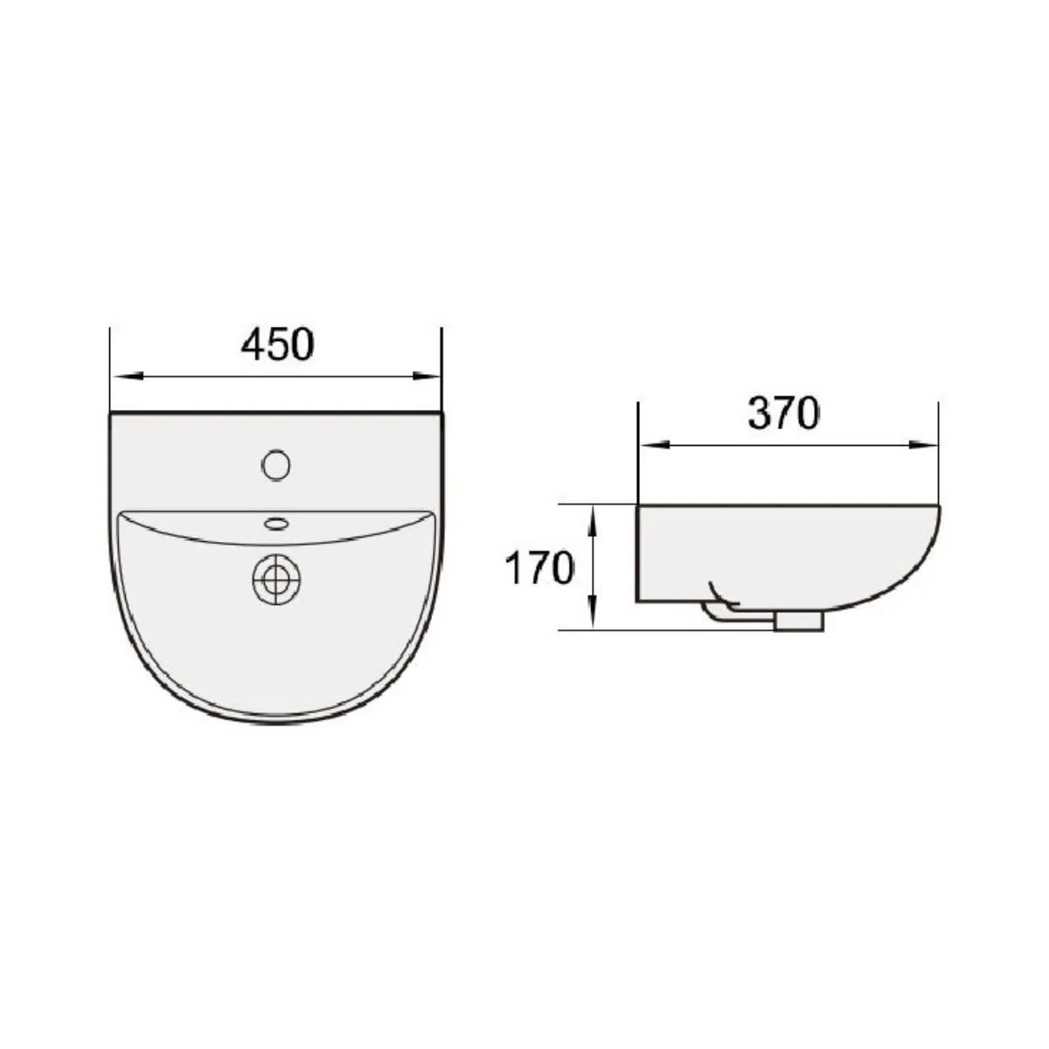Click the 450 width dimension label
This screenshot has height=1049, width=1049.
click(x=277, y=344)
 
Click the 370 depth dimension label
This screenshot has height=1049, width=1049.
click(x=783, y=413)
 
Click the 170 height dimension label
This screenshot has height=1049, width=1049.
click(x=538, y=568)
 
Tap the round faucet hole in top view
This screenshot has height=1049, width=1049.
click(x=275, y=464)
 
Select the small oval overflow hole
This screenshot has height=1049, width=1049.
click(x=276, y=524)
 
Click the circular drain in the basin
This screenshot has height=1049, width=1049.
click(x=276, y=578)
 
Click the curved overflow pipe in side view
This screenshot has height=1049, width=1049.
click(x=719, y=603)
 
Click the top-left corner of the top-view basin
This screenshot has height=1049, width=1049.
click(x=111, y=414)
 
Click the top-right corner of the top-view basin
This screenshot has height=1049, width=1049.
click(x=442, y=414)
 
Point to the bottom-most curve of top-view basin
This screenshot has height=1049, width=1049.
click(x=276, y=722)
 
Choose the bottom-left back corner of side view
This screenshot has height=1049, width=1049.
click(x=638, y=601)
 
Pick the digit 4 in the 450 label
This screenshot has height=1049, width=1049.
click(x=253, y=344)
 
